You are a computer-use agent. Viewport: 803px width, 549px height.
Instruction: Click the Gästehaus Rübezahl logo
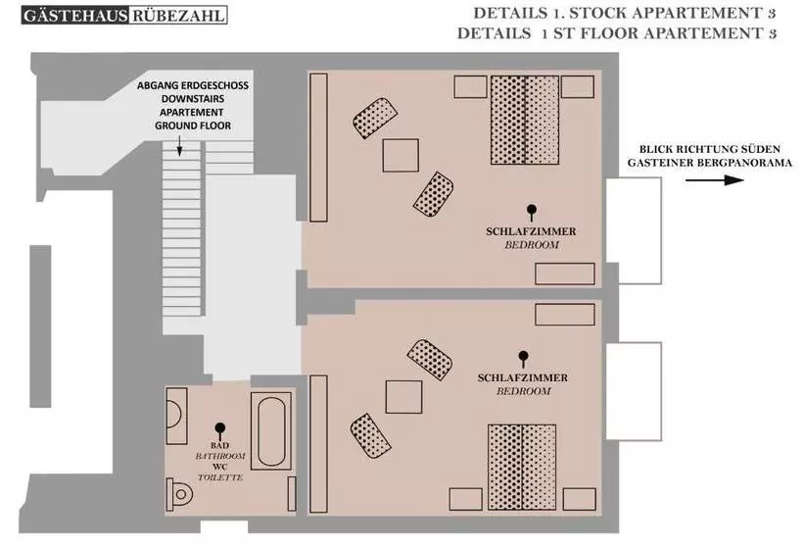coord(124,15)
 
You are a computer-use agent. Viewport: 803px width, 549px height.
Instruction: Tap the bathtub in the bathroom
coord(271,431)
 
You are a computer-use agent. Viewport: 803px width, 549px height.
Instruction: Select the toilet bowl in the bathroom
coord(179,494)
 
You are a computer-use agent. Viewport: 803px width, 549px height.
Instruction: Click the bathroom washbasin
coord(176,416)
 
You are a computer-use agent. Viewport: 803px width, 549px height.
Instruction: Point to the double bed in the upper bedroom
coord(525,120)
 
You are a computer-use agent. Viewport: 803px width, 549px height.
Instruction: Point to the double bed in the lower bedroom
coord(522,467)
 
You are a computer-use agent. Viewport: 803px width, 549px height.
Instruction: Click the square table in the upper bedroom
coord(401,155)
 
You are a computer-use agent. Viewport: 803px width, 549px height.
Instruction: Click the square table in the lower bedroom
coord(403,396)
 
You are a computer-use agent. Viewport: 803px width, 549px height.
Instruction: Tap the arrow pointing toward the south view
coord(715,180)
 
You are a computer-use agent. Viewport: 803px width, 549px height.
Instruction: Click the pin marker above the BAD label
coord(220,430)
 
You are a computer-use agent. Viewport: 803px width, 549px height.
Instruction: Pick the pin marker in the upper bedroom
coord(532,212)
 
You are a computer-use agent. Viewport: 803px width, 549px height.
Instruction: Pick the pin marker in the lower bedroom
coord(523,359)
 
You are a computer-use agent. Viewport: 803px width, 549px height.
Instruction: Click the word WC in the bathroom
coord(219,467)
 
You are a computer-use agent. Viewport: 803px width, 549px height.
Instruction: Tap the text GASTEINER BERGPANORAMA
coord(710,163)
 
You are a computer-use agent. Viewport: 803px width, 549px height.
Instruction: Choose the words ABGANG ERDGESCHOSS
coord(193,85)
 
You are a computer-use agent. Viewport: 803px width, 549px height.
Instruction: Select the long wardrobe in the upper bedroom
coord(318,148)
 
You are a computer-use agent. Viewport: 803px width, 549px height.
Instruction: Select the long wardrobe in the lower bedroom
coord(318,444)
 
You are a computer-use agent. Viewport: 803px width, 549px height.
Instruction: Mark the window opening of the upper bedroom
coord(634,230)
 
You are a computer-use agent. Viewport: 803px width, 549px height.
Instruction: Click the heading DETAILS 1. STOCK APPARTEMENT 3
coord(624,14)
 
